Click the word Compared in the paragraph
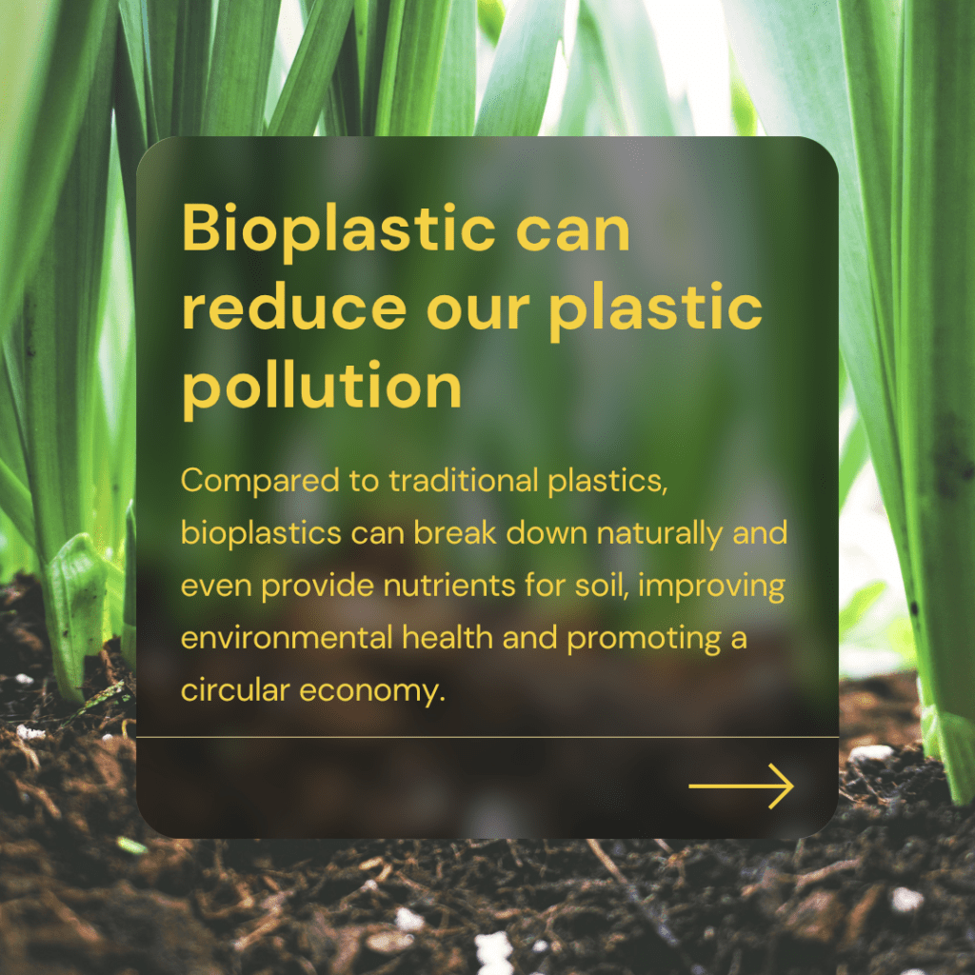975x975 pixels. (x=260, y=481)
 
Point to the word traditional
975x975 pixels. (x=464, y=480)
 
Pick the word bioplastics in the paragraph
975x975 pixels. (x=261, y=533)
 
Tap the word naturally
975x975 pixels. (x=659, y=533)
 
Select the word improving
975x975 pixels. (x=711, y=587)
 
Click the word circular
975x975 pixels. (x=235, y=690)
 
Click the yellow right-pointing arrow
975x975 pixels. (x=741, y=786)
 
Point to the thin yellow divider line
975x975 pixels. (x=487, y=738)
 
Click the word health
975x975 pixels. (x=448, y=638)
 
